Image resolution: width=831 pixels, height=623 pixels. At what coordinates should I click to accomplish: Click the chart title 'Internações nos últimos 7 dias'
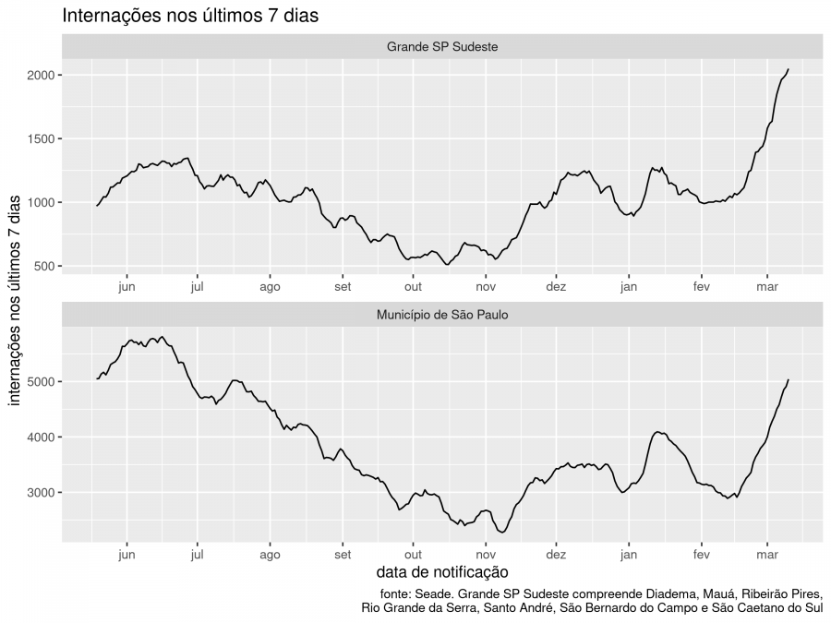(190, 16)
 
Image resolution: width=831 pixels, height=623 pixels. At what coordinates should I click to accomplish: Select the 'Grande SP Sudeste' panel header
(443, 46)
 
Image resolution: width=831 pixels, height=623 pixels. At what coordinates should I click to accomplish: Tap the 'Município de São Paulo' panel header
(443, 315)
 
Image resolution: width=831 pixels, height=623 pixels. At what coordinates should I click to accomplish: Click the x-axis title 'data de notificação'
(442, 573)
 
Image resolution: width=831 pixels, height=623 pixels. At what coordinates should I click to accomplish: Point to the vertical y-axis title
(15, 305)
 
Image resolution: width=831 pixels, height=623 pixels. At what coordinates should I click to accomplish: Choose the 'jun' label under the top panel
(126, 286)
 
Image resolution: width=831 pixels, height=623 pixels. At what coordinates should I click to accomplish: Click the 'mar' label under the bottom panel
(767, 555)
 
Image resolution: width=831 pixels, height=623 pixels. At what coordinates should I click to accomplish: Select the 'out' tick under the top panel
(413, 286)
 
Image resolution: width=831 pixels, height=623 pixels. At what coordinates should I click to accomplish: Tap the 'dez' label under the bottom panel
(556, 555)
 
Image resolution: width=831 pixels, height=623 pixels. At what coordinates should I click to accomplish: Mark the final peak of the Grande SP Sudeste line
(788, 69)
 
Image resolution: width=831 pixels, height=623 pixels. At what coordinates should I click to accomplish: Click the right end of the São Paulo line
(788, 379)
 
